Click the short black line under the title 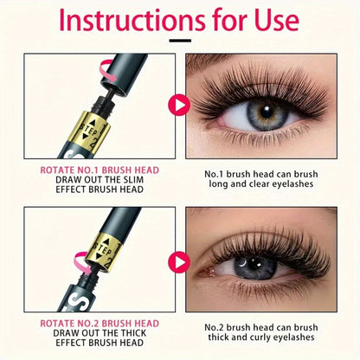coord(179,40)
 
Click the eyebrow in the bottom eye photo coord(260,216)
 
